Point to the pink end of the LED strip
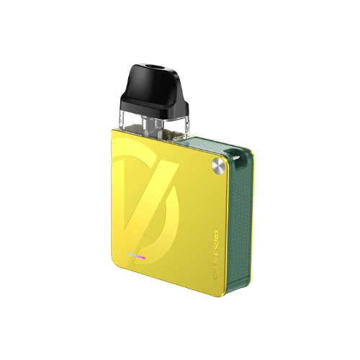pyautogui.click(x=143, y=256)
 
